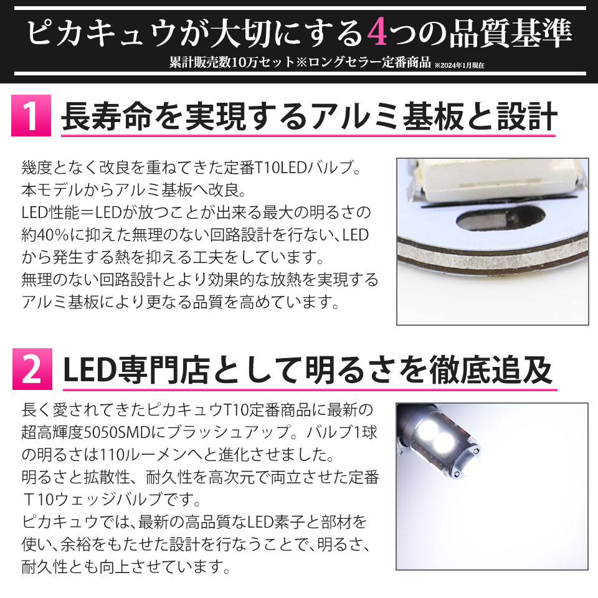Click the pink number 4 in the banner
pos(377,33)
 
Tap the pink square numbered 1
pos(31,116)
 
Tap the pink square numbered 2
pos(32,369)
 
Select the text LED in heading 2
pos(89,370)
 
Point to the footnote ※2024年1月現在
pos(459,65)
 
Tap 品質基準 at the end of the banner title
pos(511,33)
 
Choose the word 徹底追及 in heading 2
pos(491,370)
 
